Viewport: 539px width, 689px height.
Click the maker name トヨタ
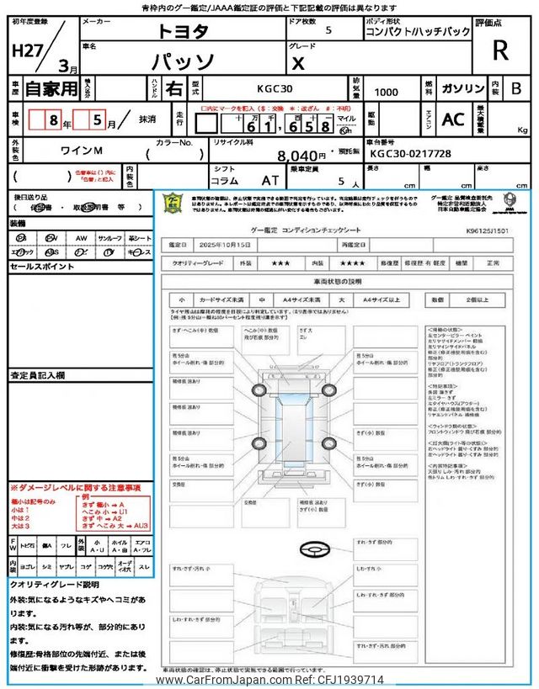pyautogui.click(x=182, y=31)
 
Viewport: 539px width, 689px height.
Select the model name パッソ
pyautogui.click(x=181, y=62)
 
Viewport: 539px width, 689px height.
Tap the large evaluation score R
pyautogui.click(x=500, y=50)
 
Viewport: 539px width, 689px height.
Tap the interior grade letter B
pyautogui.click(x=516, y=88)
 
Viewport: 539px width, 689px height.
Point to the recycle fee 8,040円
pyautogui.click(x=302, y=156)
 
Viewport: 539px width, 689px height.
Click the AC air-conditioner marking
pyautogui.click(x=453, y=119)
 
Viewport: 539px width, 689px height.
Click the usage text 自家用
pyautogui.click(x=49, y=88)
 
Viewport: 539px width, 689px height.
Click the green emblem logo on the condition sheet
pyautogui.click(x=172, y=203)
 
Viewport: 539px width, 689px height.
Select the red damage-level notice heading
pyautogui.click(x=76, y=488)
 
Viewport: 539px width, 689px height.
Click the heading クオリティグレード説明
pyautogui.click(x=55, y=584)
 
